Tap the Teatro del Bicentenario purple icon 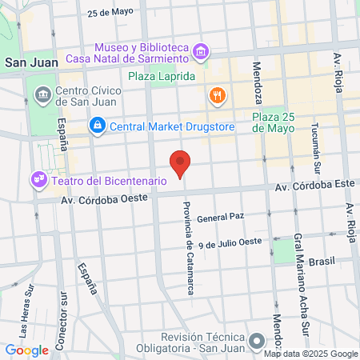point(38,180)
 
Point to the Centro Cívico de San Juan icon point(42,96)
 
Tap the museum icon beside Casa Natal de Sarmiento point(202,52)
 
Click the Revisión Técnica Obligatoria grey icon point(256,342)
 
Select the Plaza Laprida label point(162,76)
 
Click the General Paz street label point(220,217)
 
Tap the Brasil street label point(321,262)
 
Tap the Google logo point(26,350)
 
